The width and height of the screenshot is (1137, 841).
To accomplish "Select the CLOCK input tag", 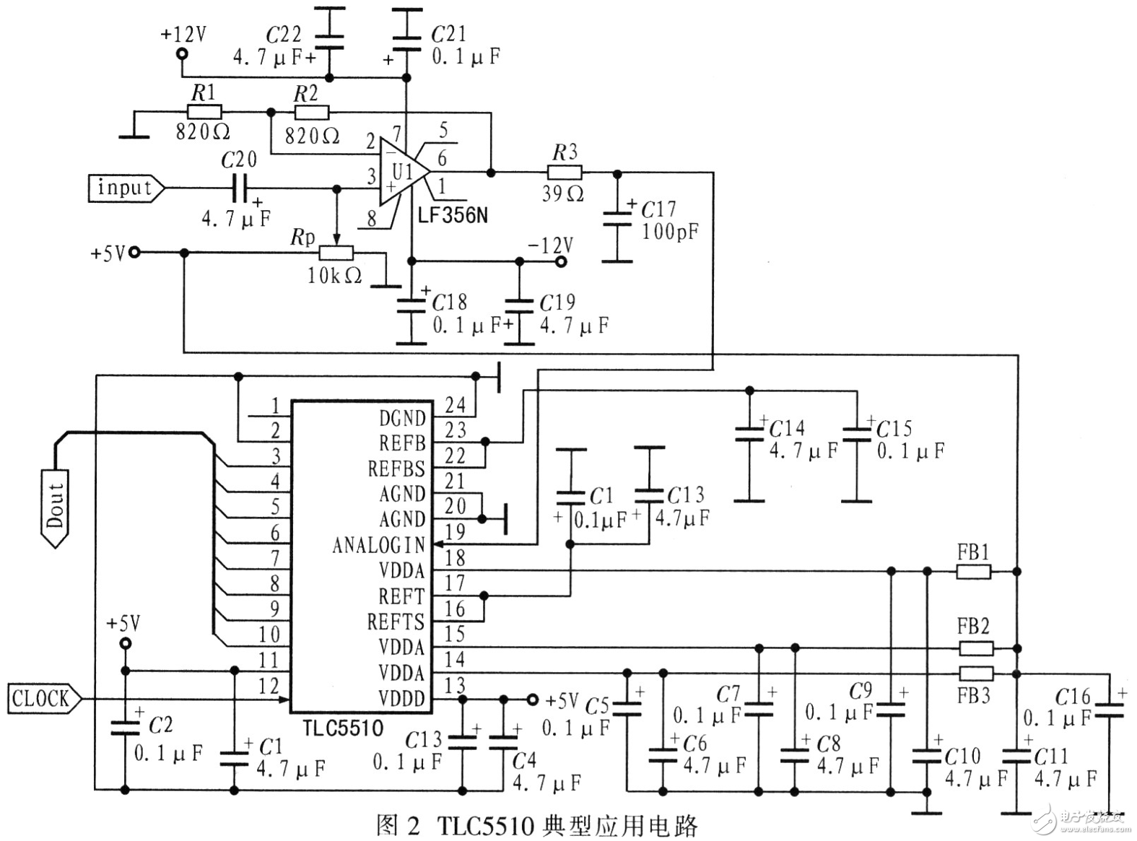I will click(x=42, y=699).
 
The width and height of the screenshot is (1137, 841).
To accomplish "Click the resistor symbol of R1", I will click(x=204, y=112).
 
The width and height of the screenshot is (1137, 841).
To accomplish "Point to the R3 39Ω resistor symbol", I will click(x=565, y=173).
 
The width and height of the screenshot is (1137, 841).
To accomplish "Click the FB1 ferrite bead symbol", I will click(x=974, y=571).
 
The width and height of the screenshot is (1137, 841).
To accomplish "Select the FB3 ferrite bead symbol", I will click(x=975, y=674).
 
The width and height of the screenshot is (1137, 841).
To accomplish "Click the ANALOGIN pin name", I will click(x=378, y=545).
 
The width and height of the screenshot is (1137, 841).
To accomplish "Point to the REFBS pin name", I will click(x=396, y=469).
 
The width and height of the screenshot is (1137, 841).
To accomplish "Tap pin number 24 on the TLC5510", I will click(x=455, y=405).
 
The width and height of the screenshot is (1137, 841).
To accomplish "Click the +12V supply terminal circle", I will click(x=182, y=54).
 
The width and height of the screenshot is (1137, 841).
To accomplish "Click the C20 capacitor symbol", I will click(x=240, y=188).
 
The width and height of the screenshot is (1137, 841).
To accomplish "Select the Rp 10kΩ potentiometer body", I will click(x=336, y=252).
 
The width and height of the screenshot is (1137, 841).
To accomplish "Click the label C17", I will click(x=658, y=209).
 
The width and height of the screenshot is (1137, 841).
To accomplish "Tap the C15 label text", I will click(x=894, y=429).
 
